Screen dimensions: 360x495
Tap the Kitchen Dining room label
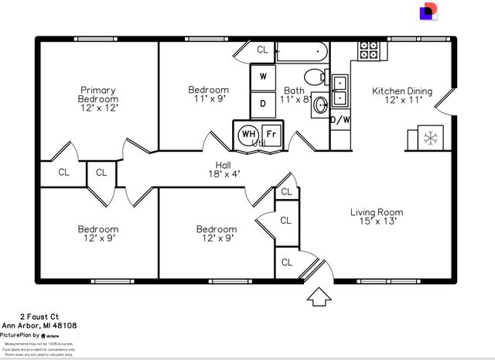pyautogui.click(x=402, y=96)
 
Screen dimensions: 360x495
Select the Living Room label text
pyautogui.click(x=377, y=218)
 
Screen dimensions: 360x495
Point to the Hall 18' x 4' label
pyautogui.click(x=223, y=170)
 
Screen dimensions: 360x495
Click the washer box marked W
pyautogui.click(x=263, y=77)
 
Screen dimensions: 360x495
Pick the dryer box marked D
pyautogui.click(x=263, y=102)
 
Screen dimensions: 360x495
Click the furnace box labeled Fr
pyautogui.click(x=271, y=133)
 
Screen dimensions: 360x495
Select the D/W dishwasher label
pyautogui.click(x=340, y=120)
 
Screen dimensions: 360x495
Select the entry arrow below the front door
pyautogui.click(x=317, y=296)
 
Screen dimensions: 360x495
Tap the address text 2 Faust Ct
pyautogui.click(x=39, y=316)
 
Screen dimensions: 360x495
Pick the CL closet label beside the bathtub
pyautogui.click(x=262, y=50)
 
